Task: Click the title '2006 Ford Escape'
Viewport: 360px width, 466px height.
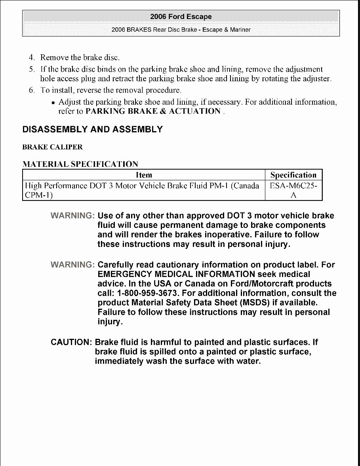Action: point(181,17)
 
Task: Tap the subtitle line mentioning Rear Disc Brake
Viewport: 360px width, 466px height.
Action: point(181,30)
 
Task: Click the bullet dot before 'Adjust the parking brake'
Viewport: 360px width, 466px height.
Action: point(53,103)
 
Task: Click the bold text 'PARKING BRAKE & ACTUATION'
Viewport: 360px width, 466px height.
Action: point(153,111)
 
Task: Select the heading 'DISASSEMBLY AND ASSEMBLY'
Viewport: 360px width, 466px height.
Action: point(92,130)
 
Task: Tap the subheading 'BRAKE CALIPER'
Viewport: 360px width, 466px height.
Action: point(52,147)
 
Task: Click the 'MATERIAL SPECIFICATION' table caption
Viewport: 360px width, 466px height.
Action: point(80,164)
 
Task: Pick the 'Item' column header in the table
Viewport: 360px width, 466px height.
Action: point(144,175)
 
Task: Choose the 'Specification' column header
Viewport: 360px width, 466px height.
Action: point(293,175)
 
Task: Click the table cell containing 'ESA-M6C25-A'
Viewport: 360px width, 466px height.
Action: point(293,190)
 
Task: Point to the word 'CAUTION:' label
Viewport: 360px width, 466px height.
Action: point(71,342)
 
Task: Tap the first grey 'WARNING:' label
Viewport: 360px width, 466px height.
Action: point(72,216)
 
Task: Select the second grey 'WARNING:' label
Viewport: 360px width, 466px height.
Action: point(72,265)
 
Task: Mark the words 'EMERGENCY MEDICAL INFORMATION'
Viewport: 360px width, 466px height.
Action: point(176,274)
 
